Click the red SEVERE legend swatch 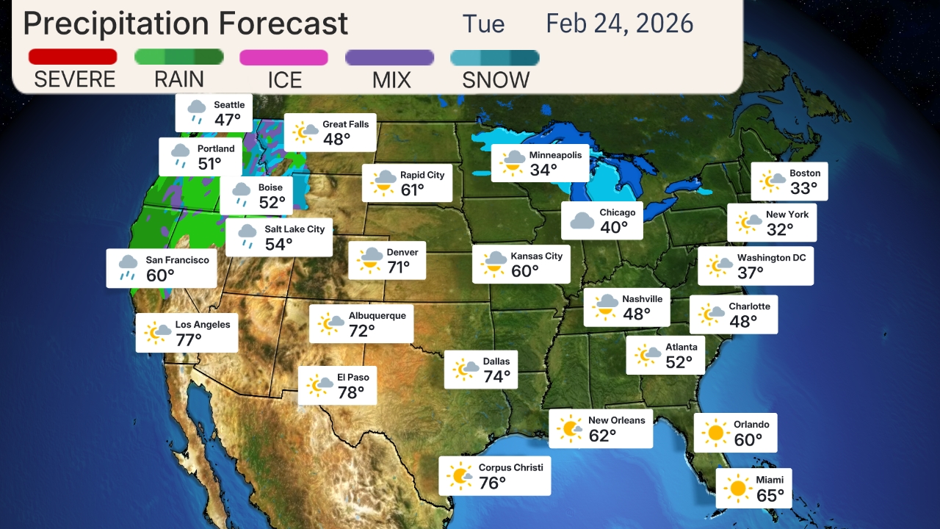click(73, 57)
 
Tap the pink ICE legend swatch click(283, 57)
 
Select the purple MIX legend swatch click(389, 57)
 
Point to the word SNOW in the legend click(496, 80)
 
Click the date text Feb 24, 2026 click(619, 24)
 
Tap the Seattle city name click(229, 105)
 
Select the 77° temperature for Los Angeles click(189, 340)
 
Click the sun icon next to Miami click(737, 488)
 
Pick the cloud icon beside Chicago click(582, 220)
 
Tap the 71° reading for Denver click(399, 267)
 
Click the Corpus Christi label click(510, 467)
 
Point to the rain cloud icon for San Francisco click(129, 267)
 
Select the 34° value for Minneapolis click(543, 170)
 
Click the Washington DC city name click(771, 258)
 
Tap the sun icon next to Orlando click(715, 432)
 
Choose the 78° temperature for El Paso click(351, 393)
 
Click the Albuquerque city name click(377, 316)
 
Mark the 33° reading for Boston click(803, 189)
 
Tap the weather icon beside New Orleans click(569, 428)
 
